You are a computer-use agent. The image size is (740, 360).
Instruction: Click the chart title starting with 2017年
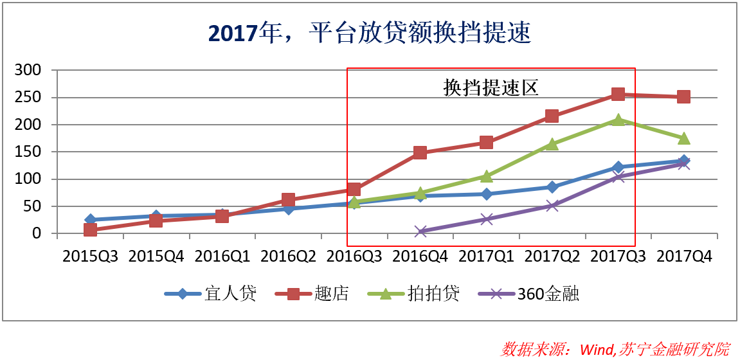click(370, 33)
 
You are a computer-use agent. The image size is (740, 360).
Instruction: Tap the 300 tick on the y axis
click(28, 70)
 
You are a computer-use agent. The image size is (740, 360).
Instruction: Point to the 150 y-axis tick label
click(28, 152)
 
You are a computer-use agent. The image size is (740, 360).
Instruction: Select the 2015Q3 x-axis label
click(90, 256)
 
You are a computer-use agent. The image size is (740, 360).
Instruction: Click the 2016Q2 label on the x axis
click(288, 256)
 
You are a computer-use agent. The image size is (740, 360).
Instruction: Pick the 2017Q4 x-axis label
click(684, 256)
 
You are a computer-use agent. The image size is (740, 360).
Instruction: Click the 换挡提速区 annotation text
click(491, 88)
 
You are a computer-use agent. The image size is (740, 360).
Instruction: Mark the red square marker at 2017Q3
click(618, 94)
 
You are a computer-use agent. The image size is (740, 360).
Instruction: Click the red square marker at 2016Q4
click(420, 152)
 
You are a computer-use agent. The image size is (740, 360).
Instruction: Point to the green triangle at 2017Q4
click(683, 138)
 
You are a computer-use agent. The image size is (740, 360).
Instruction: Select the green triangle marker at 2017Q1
click(486, 176)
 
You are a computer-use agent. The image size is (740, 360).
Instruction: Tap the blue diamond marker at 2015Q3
click(90, 220)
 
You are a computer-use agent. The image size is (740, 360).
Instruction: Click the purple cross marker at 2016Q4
click(420, 231)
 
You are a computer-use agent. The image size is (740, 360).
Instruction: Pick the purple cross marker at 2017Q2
click(552, 206)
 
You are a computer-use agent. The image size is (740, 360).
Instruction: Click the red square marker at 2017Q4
click(683, 97)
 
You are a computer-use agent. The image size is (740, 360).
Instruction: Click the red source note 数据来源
click(615, 348)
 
